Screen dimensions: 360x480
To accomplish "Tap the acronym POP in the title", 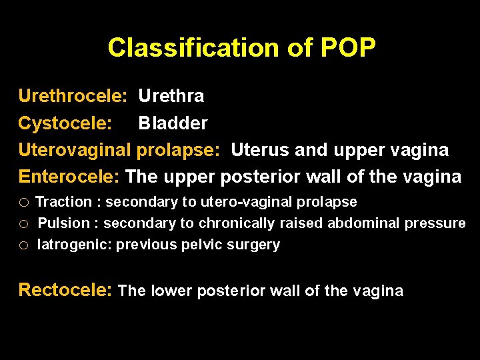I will pyautogui.click(x=348, y=48).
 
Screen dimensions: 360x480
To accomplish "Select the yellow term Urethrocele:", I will pyautogui.click(x=73, y=97).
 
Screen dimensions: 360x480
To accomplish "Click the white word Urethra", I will pyautogui.click(x=171, y=97).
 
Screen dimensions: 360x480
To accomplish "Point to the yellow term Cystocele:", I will pyautogui.click(x=66, y=123).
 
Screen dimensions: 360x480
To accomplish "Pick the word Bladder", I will pyautogui.click(x=173, y=123).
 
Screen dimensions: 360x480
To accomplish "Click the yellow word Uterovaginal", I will pyautogui.click(x=75, y=150).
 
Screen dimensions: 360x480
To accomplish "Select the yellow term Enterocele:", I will pyautogui.click(x=69, y=177).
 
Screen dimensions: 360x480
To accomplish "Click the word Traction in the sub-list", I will pyautogui.click(x=63, y=202).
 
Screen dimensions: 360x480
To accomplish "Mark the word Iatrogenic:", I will pyautogui.click(x=75, y=245).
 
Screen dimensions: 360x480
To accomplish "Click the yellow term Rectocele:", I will pyautogui.click(x=66, y=290).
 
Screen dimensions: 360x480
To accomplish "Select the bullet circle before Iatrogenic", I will pyautogui.click(x=23, y=245).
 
